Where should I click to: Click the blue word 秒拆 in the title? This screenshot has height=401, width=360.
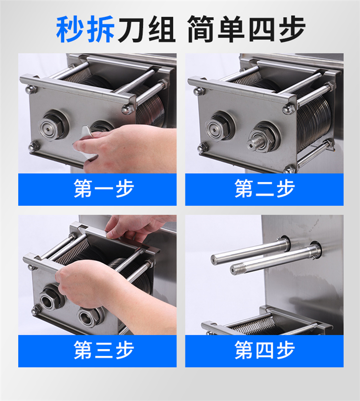click(x=85, y=29)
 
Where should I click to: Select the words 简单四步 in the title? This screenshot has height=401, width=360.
click(x=247, y=29)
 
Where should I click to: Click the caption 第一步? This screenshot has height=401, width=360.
click(x=104, y=189)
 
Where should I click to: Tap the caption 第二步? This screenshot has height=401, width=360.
click(x=264, y=189)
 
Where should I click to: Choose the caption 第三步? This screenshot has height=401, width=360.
click(x=104, y=350)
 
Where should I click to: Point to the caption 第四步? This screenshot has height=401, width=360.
click(x=264, y=350)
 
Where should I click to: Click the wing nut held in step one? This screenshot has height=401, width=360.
click(x=85, y=143)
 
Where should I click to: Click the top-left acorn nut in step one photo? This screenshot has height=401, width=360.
click(x=31, y=89)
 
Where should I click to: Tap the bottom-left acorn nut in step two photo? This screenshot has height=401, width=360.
click(x=203, y=147)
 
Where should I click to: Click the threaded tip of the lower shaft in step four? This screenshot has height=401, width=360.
click(x=237, y=269)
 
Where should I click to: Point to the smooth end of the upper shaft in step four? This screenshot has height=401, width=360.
click(x=216, y=259)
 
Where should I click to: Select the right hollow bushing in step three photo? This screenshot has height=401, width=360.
click(x=88, y=318)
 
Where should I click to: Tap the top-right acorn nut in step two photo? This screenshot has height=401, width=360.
click(x=288, y=108)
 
